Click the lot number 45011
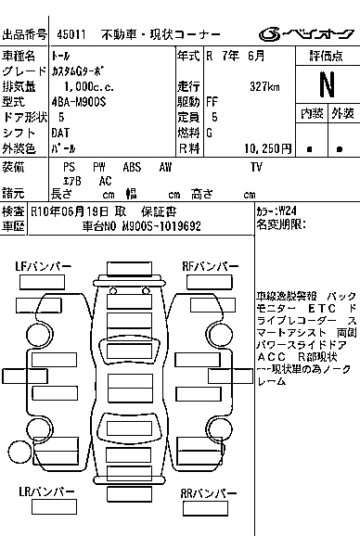(x=72, y=33)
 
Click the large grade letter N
(x=326, y=84)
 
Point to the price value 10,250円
(x=268, y=147)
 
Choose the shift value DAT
(x=69, y=133)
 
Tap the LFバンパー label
(x=44, y=267)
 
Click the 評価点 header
(x=326, y=56)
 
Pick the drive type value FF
(x=213, y=102)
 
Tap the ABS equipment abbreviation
(x=132, y=167)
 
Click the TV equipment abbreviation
(x=256, y=167)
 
